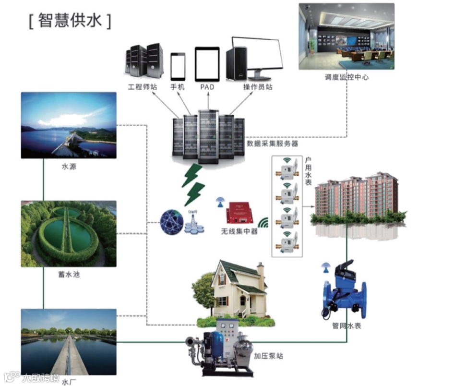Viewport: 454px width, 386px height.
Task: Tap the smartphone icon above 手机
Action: (x=178, y=67)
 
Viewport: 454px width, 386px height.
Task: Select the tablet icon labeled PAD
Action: (x=207, y=64)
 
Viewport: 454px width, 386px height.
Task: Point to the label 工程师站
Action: (x=142, y=88)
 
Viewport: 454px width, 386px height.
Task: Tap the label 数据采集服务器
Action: (x=272, y=143)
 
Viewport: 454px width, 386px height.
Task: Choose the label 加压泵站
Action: (x=268, y=356)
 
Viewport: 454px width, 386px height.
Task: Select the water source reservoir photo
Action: (x=69, y=125)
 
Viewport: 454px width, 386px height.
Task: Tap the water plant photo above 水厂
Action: (x=69, y=341)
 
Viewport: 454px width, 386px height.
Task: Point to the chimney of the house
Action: (x=261, y=274)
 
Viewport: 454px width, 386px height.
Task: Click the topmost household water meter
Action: (x=287, y=169)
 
